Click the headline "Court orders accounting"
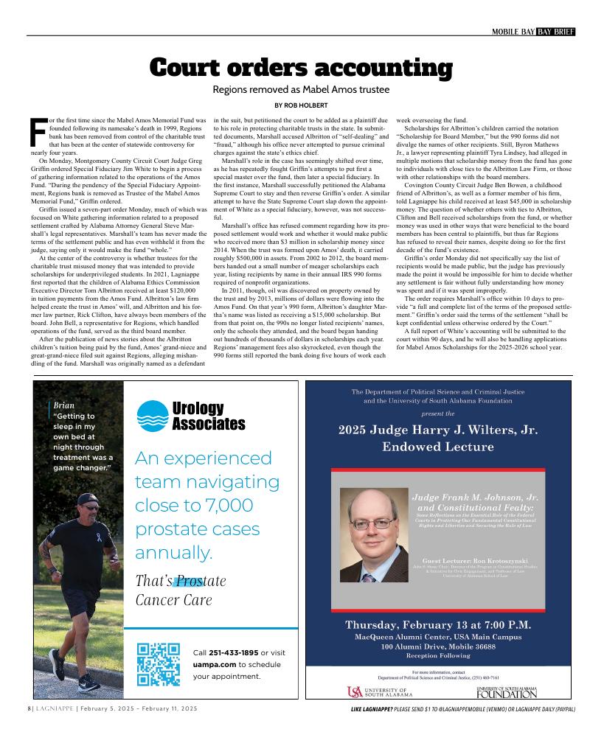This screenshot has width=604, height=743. pos(301,68)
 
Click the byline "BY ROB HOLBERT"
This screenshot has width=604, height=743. pos(301,105)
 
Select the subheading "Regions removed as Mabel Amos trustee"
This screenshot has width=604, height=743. pos(301,90)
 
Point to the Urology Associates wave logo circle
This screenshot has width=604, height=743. pos(153,415)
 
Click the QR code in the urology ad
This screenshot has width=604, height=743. pos(159,664)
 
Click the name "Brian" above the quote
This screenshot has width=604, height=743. pos(64,405)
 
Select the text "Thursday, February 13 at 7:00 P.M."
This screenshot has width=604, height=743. pos(438,625)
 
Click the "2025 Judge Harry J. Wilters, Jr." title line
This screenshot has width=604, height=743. pos(438,430)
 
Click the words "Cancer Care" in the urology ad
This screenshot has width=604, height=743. pos(173,600)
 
